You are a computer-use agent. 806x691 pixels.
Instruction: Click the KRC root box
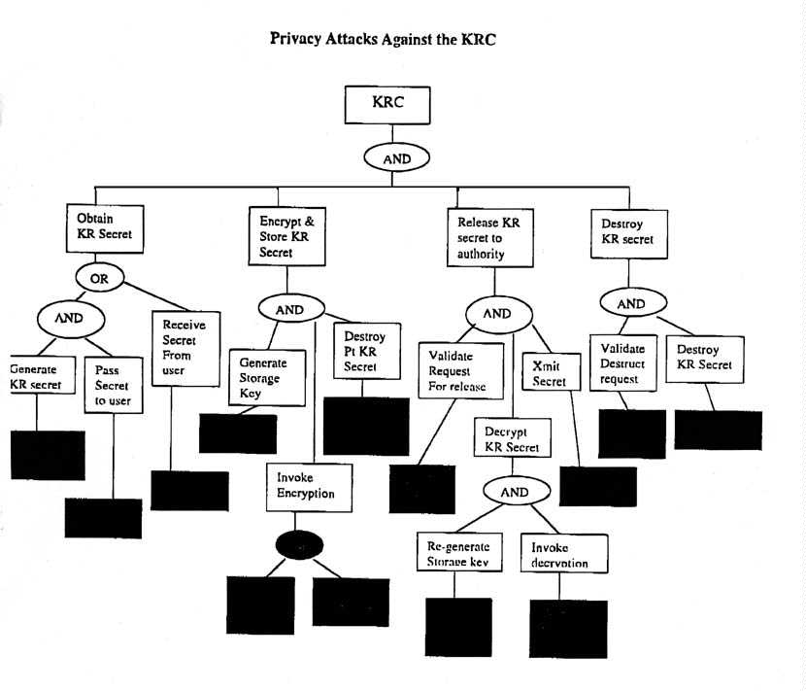pyautogui.click(x=387, y=104)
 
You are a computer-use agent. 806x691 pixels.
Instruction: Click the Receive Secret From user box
pyautogui.click(x=185, y=348)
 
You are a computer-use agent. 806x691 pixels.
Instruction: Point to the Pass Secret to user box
pyautogui.click(x=113, y=386)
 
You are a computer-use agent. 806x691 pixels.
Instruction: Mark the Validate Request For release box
pyautogui.click(x=461, y=370)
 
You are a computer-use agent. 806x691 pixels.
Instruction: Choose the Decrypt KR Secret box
pyautogui.click(x=511, y=440)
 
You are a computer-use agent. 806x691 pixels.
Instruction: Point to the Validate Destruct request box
pyautogui.click(x=623, y=363)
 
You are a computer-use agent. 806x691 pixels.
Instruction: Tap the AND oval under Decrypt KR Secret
pyautogui.click(x=514, y=491)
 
